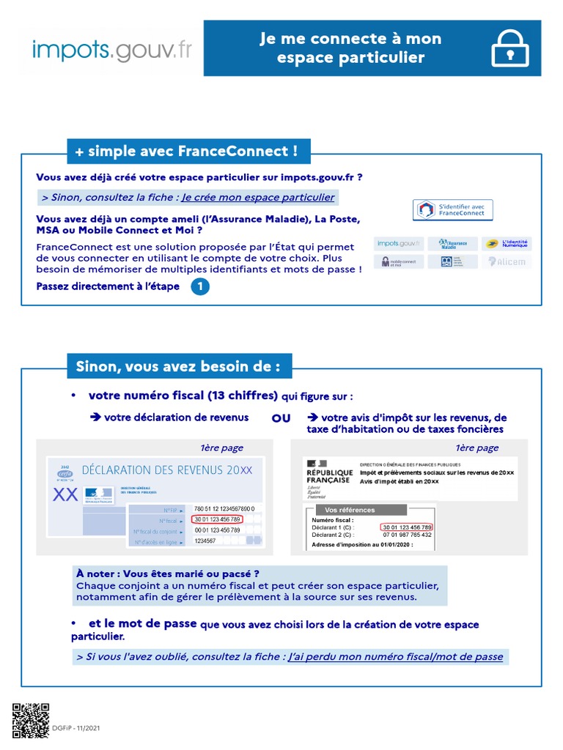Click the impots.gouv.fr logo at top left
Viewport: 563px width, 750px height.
112,49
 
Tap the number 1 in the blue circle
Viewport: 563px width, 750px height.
199,287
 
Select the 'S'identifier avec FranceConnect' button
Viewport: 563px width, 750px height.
452,210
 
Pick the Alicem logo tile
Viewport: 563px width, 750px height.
506,261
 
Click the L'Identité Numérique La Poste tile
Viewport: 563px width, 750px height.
506,243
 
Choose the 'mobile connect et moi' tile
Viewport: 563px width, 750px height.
398,261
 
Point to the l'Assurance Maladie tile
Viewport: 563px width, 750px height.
452,243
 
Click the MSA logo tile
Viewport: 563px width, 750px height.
452,261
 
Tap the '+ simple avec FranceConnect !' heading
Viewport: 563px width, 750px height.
186,152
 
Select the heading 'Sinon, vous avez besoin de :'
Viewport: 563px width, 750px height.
178,366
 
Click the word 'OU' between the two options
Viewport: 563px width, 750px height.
281,418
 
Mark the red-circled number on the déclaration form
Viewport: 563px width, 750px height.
217,519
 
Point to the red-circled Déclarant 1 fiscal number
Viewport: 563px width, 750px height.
407,527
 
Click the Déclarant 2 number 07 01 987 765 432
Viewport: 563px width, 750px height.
407,535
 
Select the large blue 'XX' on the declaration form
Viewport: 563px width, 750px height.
66,495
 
